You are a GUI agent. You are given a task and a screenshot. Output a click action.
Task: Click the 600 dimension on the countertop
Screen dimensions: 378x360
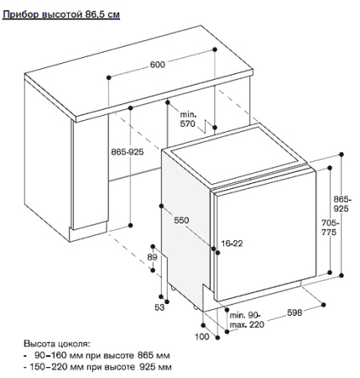coord(158,66)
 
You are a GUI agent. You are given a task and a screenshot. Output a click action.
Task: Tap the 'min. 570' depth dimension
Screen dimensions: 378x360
coord(186,118)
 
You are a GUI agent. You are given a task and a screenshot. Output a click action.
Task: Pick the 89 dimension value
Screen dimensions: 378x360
coord(152,257)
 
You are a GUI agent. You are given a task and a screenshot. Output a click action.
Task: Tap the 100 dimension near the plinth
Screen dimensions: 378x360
coord(201,336)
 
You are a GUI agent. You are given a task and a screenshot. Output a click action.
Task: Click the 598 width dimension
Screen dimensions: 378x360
coord(295,313)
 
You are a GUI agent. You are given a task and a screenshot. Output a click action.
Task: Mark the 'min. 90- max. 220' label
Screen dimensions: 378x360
coord(244,319)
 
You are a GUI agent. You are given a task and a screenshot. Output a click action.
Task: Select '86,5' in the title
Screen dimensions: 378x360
coord(93,15)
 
